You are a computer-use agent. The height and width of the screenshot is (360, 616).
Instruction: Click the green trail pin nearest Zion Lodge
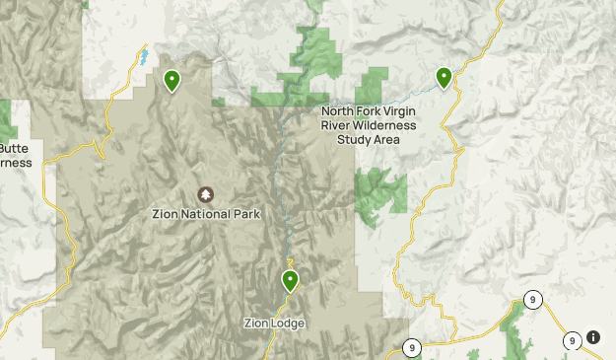(x=290, y=281)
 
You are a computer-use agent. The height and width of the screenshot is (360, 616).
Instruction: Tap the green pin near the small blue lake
(x=172, y=81)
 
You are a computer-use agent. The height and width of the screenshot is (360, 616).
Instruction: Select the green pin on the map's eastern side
(x=445, y=77)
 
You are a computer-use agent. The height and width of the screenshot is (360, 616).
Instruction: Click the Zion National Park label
(x=205, y=214)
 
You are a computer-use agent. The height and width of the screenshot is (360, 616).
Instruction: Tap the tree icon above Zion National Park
(x=205, y=194)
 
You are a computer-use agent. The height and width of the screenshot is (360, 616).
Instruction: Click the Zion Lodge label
(x=274, y=324)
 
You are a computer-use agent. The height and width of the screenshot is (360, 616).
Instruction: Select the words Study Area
(x=369, y=139)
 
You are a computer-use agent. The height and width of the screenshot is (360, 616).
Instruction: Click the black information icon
(x=593, y=337)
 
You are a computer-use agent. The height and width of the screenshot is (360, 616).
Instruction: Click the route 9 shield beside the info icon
(x=572, y=341)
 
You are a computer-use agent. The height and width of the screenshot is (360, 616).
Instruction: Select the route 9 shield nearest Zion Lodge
(x=411, y=347)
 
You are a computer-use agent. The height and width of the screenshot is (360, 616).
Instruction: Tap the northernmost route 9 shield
(x=532, y=300)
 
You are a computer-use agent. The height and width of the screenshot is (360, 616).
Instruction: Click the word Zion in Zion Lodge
(x=256, y=324)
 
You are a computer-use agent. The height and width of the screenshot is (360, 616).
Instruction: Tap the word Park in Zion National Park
(x=244, y=214)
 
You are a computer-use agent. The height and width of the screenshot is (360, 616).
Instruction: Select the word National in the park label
(x=204, y=214)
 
